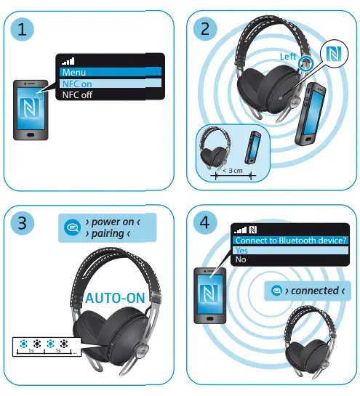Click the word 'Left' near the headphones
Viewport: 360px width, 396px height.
(x=289, y=56)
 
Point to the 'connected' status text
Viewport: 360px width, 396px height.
(x=314, y=291)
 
